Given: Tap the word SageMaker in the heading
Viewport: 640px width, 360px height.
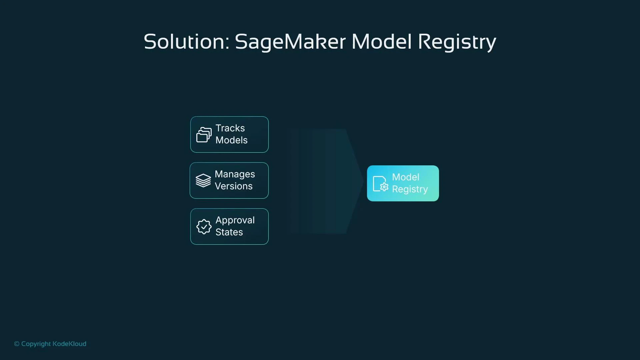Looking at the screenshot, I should coord(290,42).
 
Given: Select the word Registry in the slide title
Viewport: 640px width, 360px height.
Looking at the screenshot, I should coord(457,42).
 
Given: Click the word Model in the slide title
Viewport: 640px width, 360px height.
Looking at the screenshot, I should coord(381,42).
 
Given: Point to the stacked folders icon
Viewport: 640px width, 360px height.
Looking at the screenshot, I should coord(204,135).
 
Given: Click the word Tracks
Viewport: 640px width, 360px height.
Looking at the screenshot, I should coord(230,128).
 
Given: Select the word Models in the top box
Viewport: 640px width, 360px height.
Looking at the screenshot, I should coord(231,140).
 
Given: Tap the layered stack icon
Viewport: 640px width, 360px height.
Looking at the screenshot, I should coord(203,181).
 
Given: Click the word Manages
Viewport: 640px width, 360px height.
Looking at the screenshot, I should coord(235,174).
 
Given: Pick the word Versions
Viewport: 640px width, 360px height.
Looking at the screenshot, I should coord(233,186).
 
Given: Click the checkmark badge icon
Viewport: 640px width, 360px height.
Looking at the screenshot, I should coord(204,227).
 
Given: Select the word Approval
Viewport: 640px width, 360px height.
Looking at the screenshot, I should coord(235,220).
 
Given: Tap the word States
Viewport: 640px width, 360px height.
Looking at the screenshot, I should coord(229,232).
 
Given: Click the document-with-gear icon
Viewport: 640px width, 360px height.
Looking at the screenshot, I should coord(380,184).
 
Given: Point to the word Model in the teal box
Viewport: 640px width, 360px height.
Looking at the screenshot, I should coord(405,177).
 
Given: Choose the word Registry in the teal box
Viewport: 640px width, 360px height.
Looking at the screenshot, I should coord(410,189).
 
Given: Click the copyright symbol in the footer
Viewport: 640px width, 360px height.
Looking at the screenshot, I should coord(17,344).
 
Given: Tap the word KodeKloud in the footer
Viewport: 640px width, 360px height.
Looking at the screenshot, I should coord(69,344).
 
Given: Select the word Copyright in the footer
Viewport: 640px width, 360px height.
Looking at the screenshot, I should coord(36,344).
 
